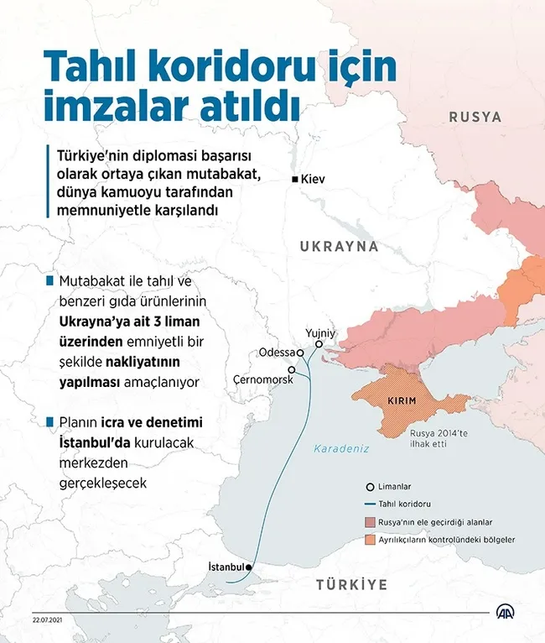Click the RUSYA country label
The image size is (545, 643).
(475, 117)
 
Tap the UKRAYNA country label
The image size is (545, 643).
(339, 247)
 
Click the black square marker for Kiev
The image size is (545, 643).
(294, 180)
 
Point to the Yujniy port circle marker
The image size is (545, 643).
(319, 344)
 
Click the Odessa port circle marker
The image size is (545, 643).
(299, 353)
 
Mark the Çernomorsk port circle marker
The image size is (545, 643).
(291, 370)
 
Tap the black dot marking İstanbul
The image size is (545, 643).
(249, 567)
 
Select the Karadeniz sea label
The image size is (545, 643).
(341, 449)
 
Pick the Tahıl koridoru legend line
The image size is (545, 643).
(369, 504)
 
